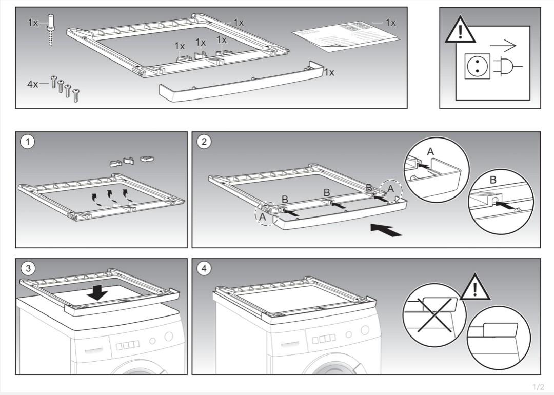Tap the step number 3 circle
pyautogui.click(x=27, y=268)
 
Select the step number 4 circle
pyautogui.click(x=204, y=268)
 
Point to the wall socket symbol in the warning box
pyautogui.click(x=477, y=66)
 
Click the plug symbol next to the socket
pyautogui.click(x=506, y=67)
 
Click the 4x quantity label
pyautogui.click(x=32, y=84)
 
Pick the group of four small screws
pyautogui.click(x=65, y=88)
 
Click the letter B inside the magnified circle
pyautogui.click(x=493, y=181)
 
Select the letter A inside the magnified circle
pyautogui.click(x=430, y=151)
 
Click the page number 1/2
pyautogui.click(x=538, y=387)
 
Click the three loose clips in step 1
pyautogui.click(x=132, y=161)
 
